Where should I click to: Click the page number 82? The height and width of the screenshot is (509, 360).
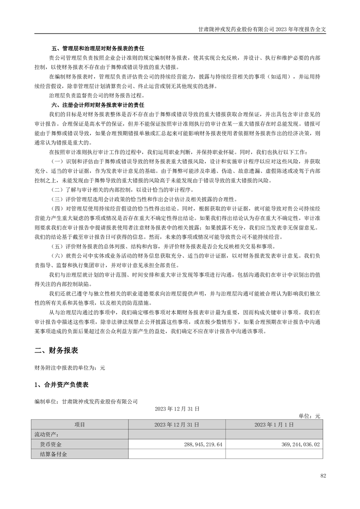pyautogui.click(x=323, y=476)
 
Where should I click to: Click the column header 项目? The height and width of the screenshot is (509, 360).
pyautogui.click(x=79, y=425)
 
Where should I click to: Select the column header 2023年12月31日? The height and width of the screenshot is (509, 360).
pyautogui.click(x=177, y=425)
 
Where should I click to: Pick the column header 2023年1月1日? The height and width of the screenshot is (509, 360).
pyautogui.click(x=274, y=425)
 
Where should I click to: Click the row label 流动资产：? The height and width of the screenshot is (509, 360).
pyautogui.click(x=47, y=434)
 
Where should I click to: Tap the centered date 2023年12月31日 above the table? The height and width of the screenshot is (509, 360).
pyautogui.click(x=177, y=408)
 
